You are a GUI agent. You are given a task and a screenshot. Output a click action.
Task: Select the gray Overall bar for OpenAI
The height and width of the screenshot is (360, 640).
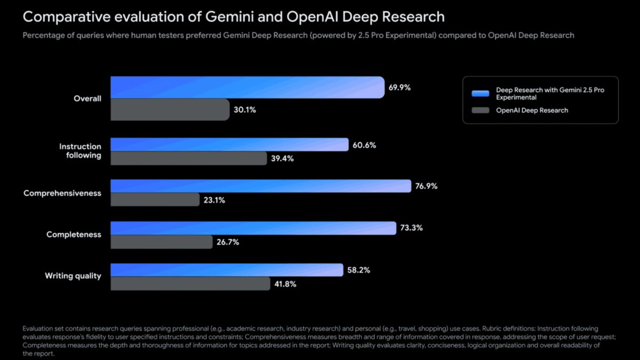170,110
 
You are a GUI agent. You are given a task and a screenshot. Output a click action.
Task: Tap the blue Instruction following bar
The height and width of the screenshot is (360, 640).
229,145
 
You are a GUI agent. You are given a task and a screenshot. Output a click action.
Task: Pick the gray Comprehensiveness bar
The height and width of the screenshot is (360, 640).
155,200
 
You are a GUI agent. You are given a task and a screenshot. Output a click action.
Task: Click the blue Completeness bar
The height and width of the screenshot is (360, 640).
253,228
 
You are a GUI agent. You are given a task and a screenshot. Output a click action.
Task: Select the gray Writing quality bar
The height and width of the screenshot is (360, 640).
190,284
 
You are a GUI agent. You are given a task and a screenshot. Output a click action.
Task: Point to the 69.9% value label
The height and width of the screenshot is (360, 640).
399,87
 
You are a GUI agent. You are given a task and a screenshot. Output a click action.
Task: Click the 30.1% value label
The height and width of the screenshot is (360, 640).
245,110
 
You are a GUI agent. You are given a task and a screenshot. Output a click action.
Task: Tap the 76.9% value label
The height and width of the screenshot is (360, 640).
426,186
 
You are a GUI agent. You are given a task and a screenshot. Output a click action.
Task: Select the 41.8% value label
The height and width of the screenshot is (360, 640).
285,284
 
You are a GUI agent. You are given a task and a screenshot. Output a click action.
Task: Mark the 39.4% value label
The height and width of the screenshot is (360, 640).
282,158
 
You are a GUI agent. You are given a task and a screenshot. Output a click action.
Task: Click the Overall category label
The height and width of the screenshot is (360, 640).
87,99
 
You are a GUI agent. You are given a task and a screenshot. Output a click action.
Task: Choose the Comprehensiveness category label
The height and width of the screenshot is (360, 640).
62,193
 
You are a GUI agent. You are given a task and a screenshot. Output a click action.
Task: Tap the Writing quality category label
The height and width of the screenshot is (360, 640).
73,276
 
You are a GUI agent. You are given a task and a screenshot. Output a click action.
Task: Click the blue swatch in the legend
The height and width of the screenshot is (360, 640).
481,94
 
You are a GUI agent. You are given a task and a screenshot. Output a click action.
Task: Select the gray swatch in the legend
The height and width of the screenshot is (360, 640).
481,110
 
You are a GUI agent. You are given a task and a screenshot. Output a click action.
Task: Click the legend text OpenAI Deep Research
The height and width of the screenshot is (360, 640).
532,110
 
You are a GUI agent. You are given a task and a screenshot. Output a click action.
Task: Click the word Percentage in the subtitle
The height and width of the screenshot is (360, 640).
43,36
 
